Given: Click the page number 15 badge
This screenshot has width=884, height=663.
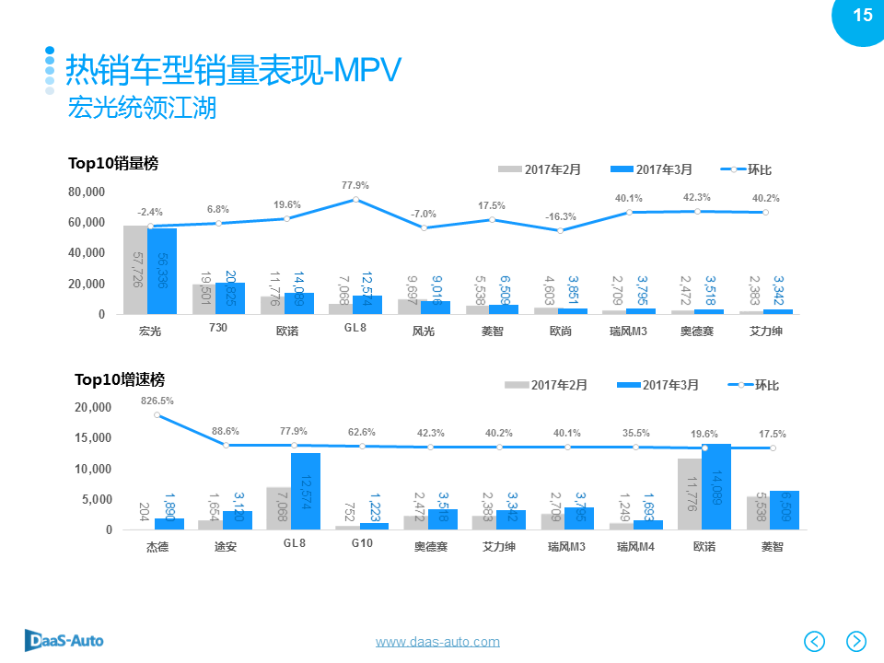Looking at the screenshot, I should [862, 16].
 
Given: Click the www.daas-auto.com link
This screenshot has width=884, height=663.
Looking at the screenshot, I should [437, 641].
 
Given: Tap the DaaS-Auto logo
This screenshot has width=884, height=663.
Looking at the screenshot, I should [64, 640].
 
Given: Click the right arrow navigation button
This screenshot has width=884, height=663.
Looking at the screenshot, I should [856, 640].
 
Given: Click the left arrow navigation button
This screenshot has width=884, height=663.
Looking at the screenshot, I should [815, 640].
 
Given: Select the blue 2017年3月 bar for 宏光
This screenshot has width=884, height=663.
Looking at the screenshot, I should [162, 271].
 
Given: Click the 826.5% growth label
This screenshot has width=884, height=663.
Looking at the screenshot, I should [157, 401].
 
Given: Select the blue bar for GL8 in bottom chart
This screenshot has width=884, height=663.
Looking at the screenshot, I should [306, 491].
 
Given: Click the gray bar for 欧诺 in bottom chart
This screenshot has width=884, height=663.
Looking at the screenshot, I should [690, 494].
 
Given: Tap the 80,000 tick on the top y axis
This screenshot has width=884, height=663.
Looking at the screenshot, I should [87, 192].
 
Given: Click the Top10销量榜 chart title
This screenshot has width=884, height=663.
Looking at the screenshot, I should [113, 163].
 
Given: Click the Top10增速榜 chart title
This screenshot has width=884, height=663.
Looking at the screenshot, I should [120, 379].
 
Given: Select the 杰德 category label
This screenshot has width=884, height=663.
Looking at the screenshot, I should [157, 546].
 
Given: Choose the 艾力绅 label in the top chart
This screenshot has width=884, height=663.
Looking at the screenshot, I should [766, 331].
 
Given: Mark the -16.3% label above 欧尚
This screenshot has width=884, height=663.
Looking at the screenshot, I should [560, 216].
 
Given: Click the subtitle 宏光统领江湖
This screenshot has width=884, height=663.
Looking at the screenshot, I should [142, 108].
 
